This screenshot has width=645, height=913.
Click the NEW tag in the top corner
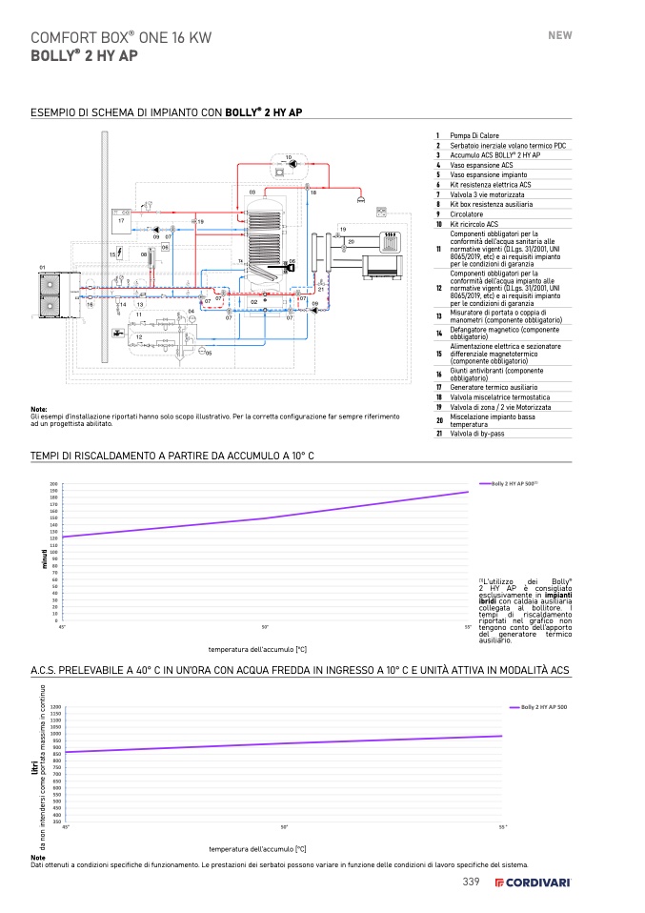(x=559, y=35)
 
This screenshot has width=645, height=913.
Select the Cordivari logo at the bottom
(x=533, y=883)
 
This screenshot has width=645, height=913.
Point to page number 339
(x=471, y=883)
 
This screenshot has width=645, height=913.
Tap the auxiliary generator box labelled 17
(x=121, y=220)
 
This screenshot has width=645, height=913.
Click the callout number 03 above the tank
(x=252, y=193)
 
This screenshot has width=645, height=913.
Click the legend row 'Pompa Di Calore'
(x=474, y=135)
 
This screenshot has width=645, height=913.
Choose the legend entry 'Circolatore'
(x=467, y=213)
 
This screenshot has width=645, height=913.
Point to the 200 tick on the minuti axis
(x=54, y=484)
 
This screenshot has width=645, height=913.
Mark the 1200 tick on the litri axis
(x=55, y=706)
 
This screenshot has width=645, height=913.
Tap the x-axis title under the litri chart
(x=257, y=848)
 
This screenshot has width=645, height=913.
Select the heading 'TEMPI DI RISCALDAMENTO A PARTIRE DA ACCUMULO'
(x=172, y=456)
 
